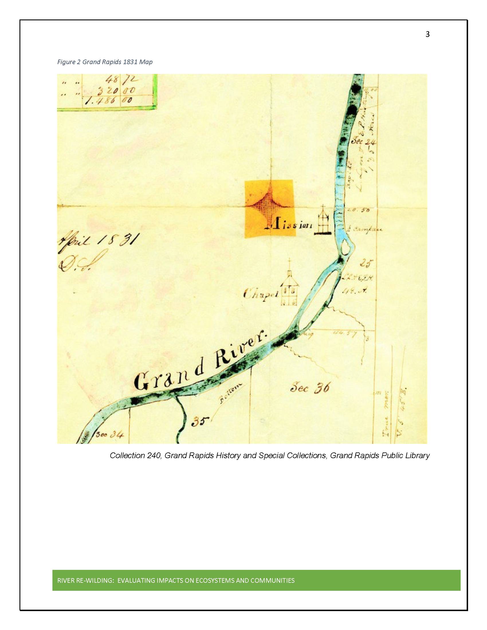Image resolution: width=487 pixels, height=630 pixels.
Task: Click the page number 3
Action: point(427,35)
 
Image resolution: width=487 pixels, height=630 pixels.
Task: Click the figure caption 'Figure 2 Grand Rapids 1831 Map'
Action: point(105,62)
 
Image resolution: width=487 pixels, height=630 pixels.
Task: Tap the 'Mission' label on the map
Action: point(288,226)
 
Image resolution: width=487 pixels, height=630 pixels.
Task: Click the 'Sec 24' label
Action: point(362,142)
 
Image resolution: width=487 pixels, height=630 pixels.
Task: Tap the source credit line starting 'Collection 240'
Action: point(270,456)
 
